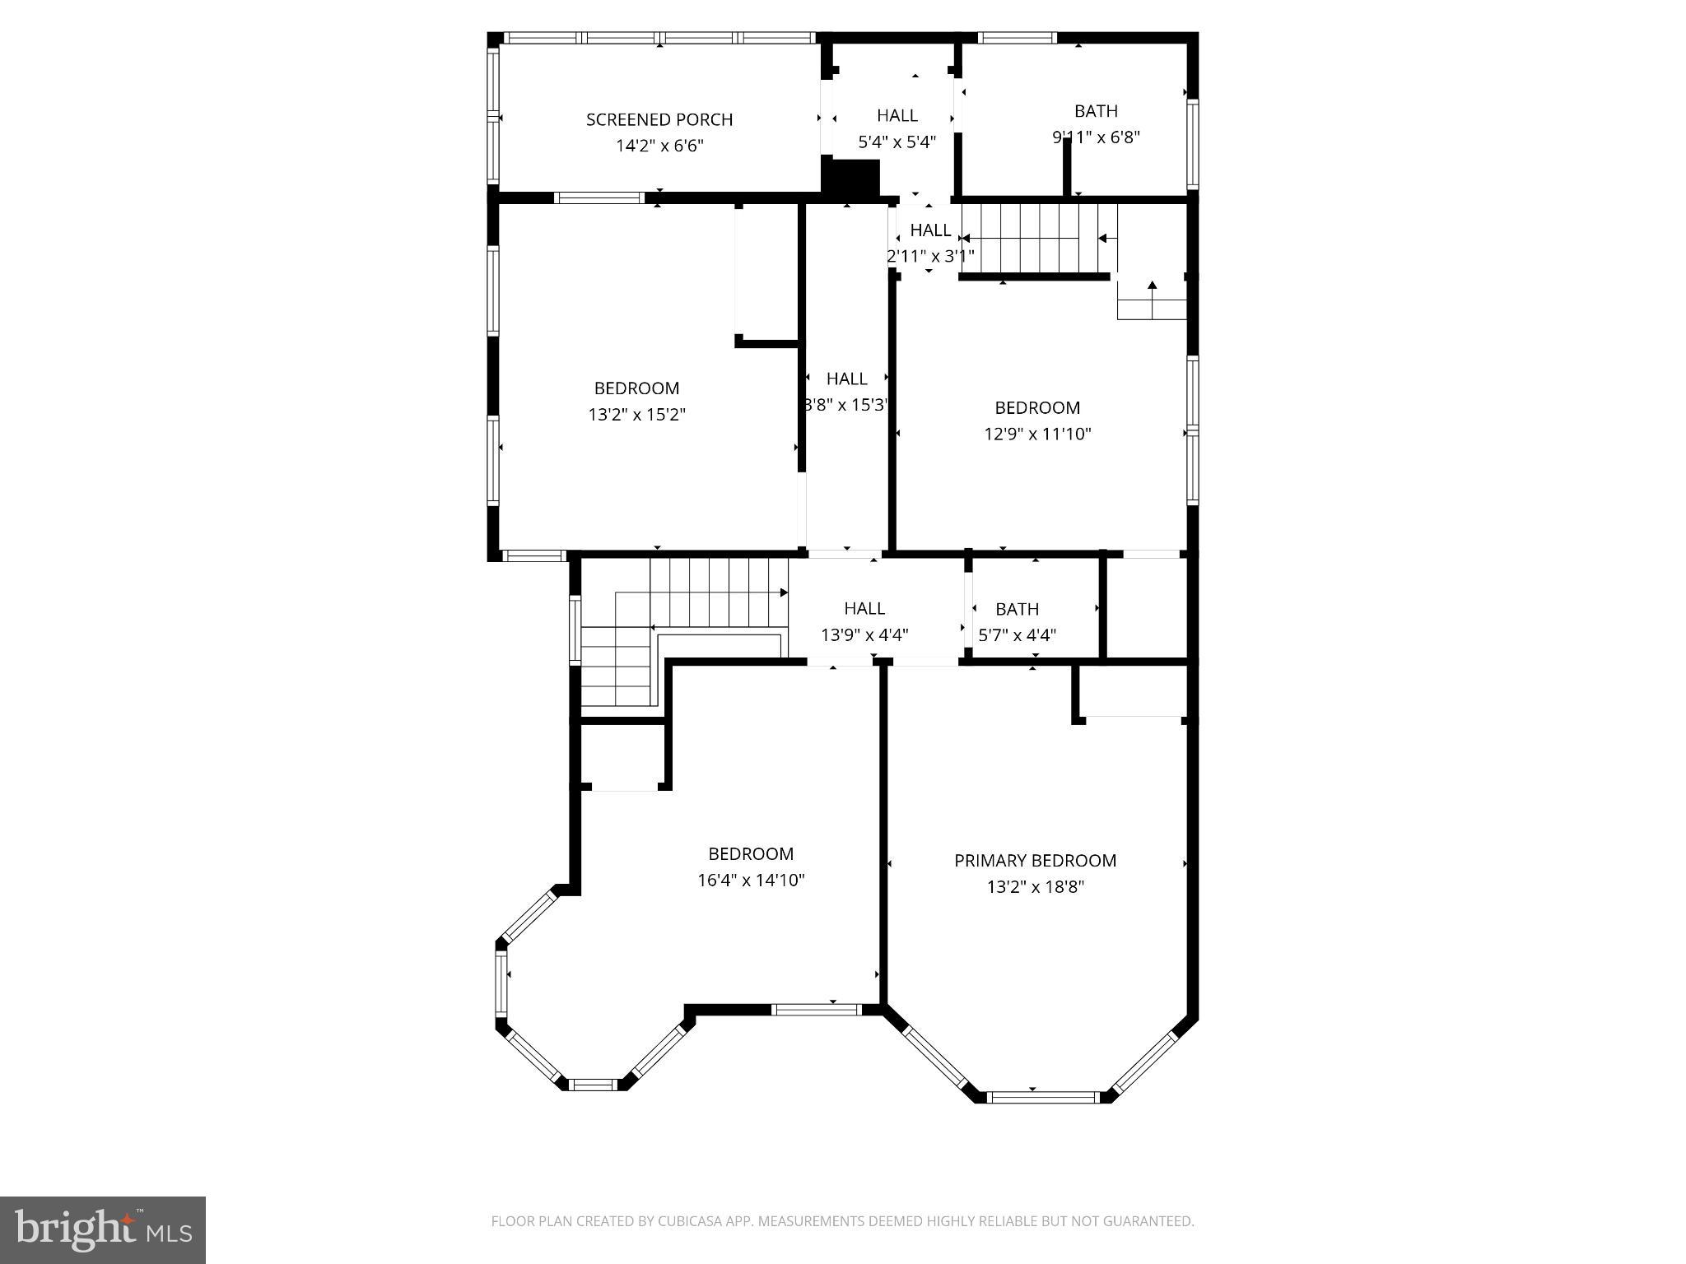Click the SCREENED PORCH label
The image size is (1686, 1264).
tap(659, 119)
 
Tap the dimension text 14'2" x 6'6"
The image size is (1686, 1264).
tap(659, 146)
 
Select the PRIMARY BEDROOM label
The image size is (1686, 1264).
tap(1035, 860)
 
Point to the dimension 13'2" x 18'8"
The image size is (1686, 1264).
tap(1036, 886)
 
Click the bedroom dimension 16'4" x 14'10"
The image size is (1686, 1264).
tap(751, 880)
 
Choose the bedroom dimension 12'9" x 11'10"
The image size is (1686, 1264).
tap(1037, 434)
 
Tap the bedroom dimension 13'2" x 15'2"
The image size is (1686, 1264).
tap(636, 414)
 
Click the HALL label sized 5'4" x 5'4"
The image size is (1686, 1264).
tap(897, 115)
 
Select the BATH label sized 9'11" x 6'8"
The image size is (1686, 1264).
tap(1096, 110)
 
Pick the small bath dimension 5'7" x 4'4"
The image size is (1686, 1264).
tap(1017, 635)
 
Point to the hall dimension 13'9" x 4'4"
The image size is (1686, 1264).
tap(864, 635)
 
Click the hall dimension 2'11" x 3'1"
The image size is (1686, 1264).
tap(929, 256)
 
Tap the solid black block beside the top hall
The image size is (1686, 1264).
tap(851, 178)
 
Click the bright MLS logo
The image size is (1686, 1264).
tap(102, 1230)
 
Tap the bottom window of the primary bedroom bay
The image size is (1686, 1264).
tap(1042, 1096)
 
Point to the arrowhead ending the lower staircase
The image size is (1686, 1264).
tap(784, 592)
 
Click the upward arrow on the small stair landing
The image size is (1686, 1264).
tap(1153, 286)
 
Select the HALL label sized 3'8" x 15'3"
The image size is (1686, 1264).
tap(846, 379)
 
